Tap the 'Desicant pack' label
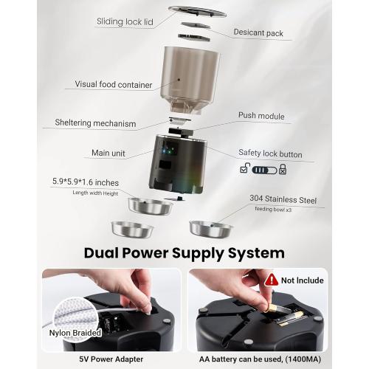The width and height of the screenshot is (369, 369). point(259,32)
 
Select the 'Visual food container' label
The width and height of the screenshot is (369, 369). point(114,85)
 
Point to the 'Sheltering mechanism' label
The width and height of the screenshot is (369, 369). point(94,123)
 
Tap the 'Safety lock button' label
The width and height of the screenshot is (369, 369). point(270,154)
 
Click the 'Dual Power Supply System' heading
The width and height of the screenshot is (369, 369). point(184,252)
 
